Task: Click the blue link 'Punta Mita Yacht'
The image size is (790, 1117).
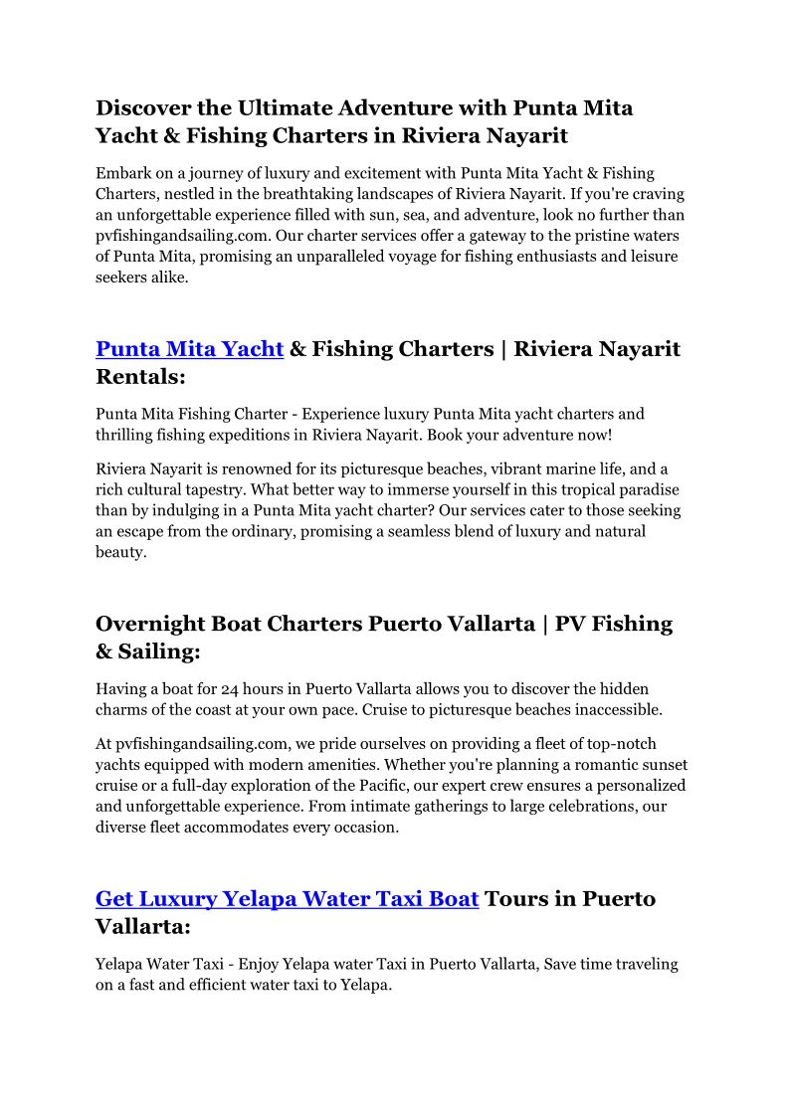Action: point(189,349)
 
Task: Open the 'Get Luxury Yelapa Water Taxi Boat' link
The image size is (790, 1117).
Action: point(287,899)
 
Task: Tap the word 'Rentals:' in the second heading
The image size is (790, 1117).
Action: point(140,377)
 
